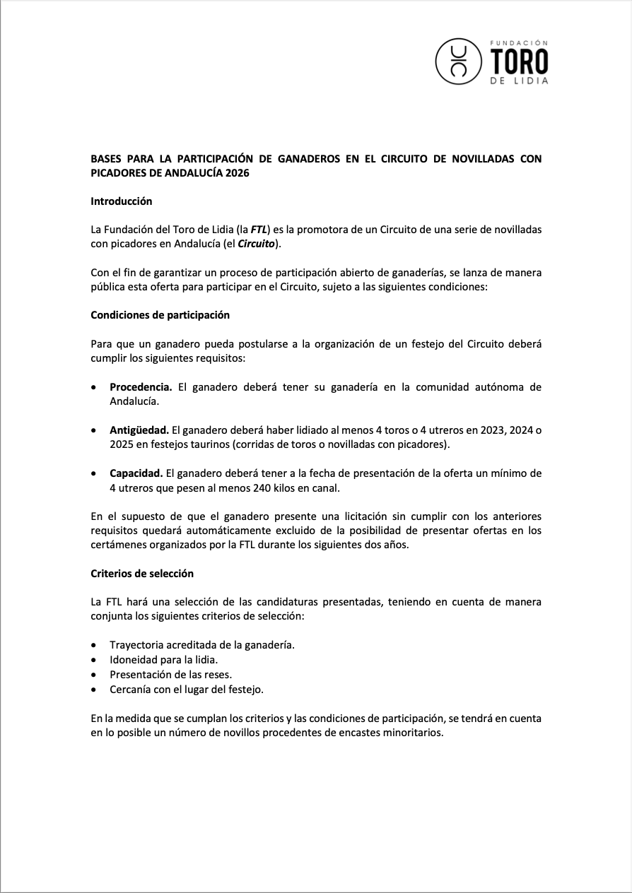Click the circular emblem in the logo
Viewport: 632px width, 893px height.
(x=459, y=61)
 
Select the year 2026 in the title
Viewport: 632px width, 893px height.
(x=238, y=172)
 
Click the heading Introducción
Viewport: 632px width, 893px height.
(x=122, y=201)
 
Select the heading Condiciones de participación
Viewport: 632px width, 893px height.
(x=160, y=315)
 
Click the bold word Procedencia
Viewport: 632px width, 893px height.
(x=141, y=387)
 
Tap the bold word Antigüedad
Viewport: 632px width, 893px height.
(x=139, y=430)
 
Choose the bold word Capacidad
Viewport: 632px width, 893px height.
(x=136, y=473)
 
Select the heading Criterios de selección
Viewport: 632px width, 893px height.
(x=142, y=574)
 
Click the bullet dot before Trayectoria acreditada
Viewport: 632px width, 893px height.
(x=95, y=645)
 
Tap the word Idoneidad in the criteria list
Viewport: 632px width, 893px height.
(x=134, y=660)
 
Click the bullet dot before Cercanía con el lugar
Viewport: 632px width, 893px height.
(x=95, y=690)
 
